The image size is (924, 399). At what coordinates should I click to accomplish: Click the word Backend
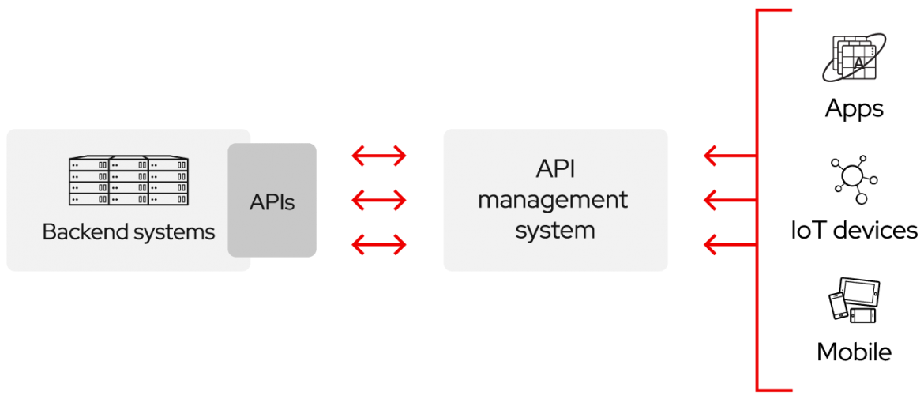coord(76,232)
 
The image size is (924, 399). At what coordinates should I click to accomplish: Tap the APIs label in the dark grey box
coord(272,202)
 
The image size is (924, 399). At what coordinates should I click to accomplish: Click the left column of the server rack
coord(88,183)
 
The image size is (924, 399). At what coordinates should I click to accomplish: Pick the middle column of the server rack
coord(129,183)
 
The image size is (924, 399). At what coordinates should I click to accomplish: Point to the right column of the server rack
coord(168,183)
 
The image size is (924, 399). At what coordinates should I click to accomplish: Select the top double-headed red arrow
coord(379,156)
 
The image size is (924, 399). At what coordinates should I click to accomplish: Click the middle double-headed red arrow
coord(379,201)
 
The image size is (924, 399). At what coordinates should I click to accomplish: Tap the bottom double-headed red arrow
coord(379,245)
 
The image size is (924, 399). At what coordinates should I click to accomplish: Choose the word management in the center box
coord(553,200)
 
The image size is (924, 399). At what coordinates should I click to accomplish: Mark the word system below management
coord(554,231)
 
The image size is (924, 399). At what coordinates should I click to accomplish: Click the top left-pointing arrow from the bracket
coord(728,156)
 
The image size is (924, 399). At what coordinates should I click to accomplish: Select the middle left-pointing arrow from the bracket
coord(728,201)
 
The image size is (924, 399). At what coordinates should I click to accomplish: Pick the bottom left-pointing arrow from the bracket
coord(728,245)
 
